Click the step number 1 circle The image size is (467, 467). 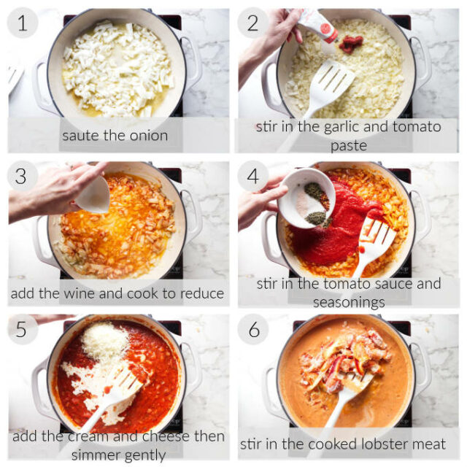(x=23, y=23)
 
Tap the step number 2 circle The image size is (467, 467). (x=253, y=23)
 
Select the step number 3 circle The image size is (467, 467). (x=23, y=176)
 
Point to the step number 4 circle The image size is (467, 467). (x=253, y=176)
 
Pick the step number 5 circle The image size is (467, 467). (x=23, y=329)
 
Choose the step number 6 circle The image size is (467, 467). (x=253, y=329)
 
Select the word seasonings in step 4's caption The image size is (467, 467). (x=349, y=304)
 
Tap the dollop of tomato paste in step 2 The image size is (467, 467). (x=351, y=44)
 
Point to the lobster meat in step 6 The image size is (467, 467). (x=345, y=355)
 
